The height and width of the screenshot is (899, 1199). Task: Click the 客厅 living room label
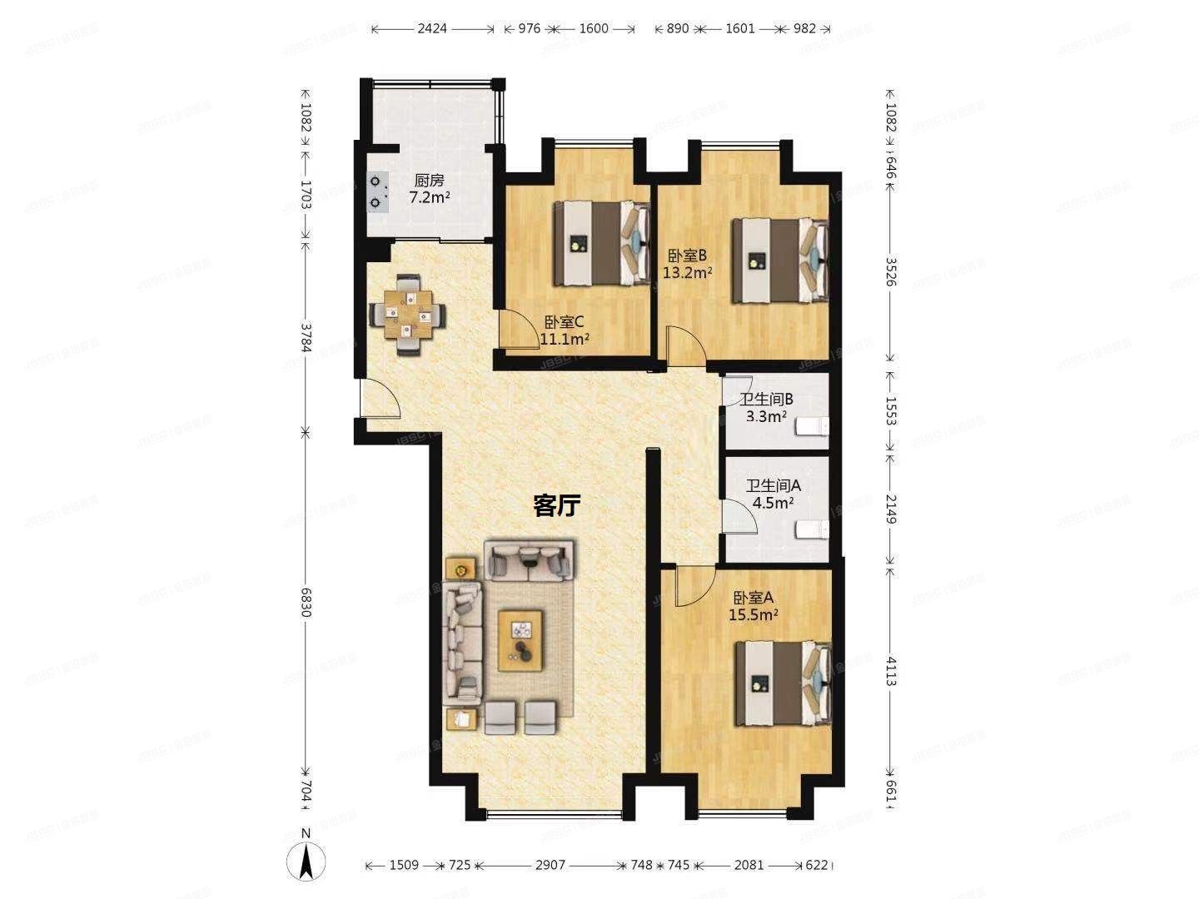(556, 505)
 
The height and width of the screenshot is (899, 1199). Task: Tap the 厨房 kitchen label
(430, 181)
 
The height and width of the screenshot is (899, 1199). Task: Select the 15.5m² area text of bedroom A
(754, 615)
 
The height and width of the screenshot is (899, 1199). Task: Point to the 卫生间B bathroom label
(766, 400)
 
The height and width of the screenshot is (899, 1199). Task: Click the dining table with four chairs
(407, 315)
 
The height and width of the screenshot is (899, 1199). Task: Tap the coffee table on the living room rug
(520, 639)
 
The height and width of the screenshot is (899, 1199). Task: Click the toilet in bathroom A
(812, 529)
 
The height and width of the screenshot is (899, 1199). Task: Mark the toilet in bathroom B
(811, 427)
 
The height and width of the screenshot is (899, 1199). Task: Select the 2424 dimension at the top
(432, 28)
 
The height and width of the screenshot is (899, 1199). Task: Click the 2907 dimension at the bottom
(550, 865)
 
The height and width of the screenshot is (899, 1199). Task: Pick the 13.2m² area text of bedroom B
(687, 272)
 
